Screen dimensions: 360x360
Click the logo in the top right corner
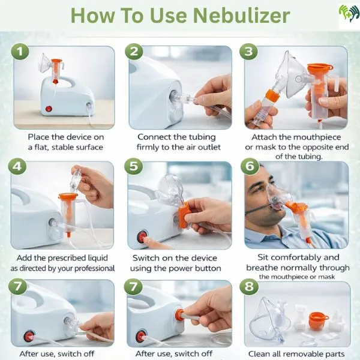pos(348,13)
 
